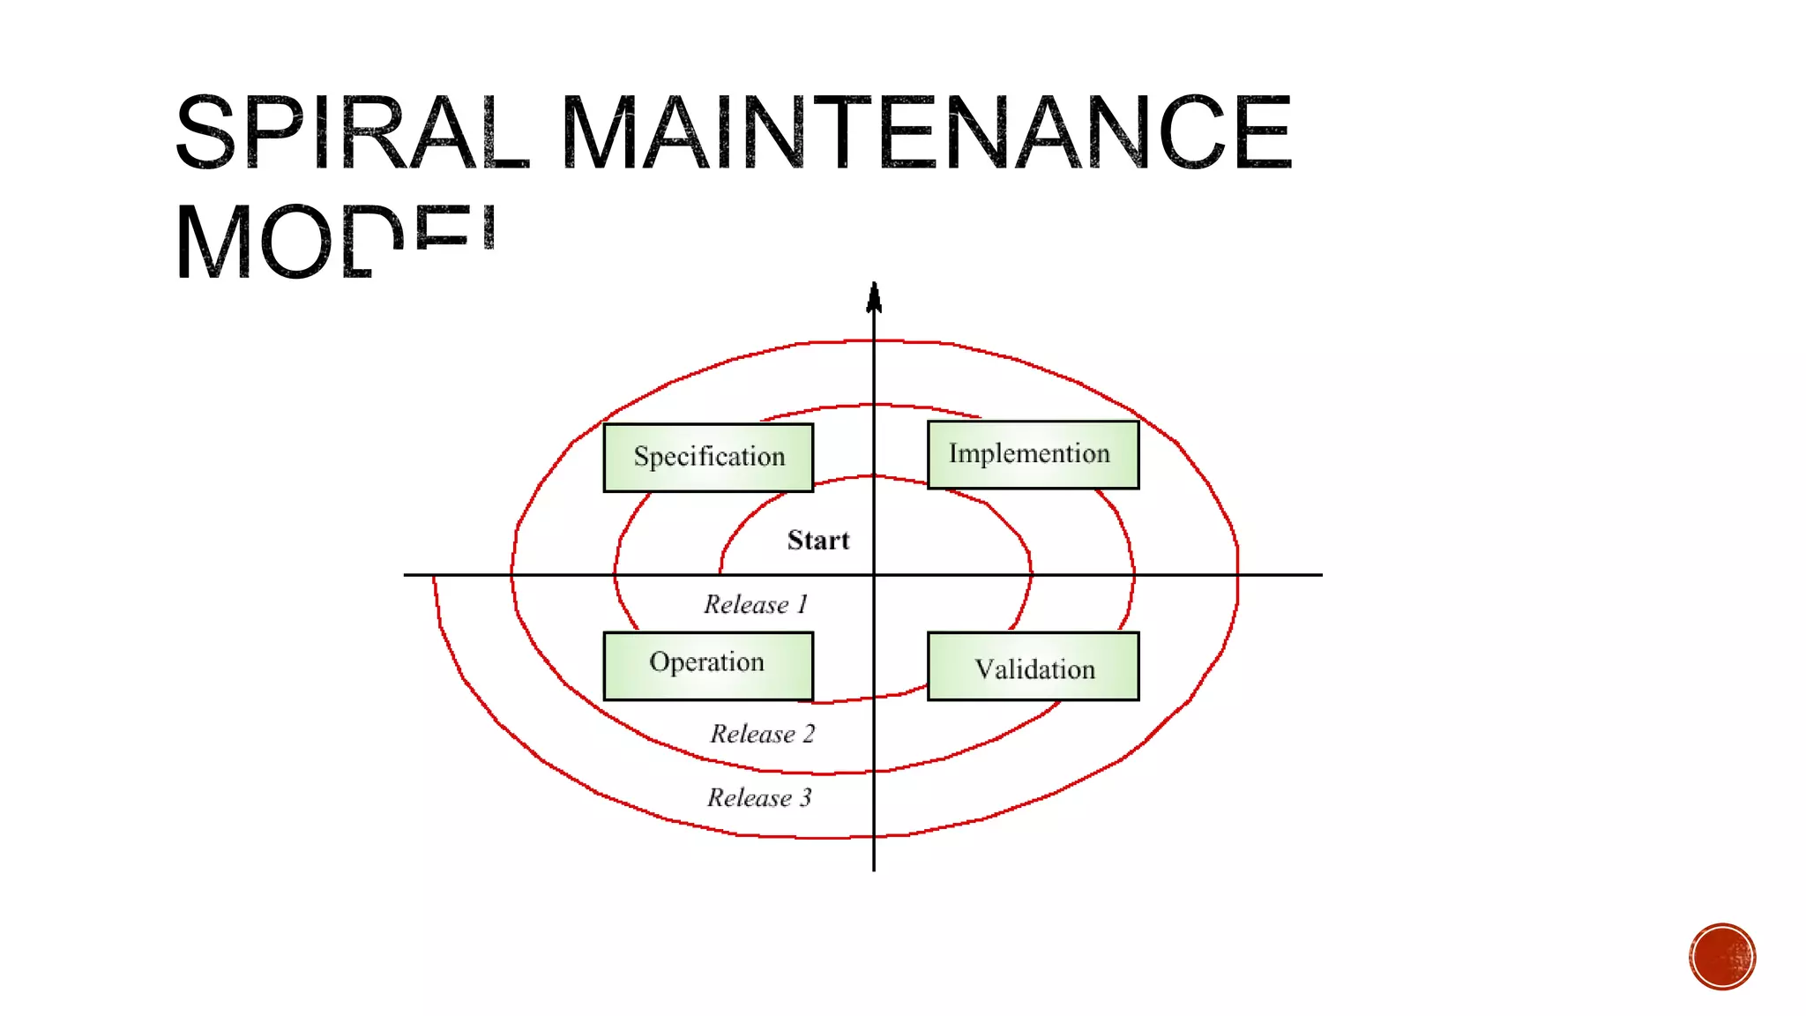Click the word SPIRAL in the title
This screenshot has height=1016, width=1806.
(351, 132)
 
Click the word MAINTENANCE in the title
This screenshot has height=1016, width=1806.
(926, 132)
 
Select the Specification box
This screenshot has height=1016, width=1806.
(708, 457)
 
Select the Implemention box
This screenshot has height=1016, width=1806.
(1033, 454)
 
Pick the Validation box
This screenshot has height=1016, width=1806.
(1033, 667)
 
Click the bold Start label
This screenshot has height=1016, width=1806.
(818, 540)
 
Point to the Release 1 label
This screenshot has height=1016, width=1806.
(756, 604)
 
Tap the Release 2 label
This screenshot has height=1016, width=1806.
(763, 734)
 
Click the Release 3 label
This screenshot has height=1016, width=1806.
(759, 798)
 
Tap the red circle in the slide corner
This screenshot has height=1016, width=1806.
(1722, 957)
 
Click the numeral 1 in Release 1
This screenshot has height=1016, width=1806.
(802, 604)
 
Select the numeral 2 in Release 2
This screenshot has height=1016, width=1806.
(809, 734)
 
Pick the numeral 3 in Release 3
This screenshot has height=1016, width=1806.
(805, 798)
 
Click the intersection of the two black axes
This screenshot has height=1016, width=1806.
(874, 575)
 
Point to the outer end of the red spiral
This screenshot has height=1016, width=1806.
(434, 579)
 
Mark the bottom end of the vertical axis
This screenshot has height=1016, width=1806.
(874, 870)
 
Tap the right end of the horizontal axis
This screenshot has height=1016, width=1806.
(1320, 575)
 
